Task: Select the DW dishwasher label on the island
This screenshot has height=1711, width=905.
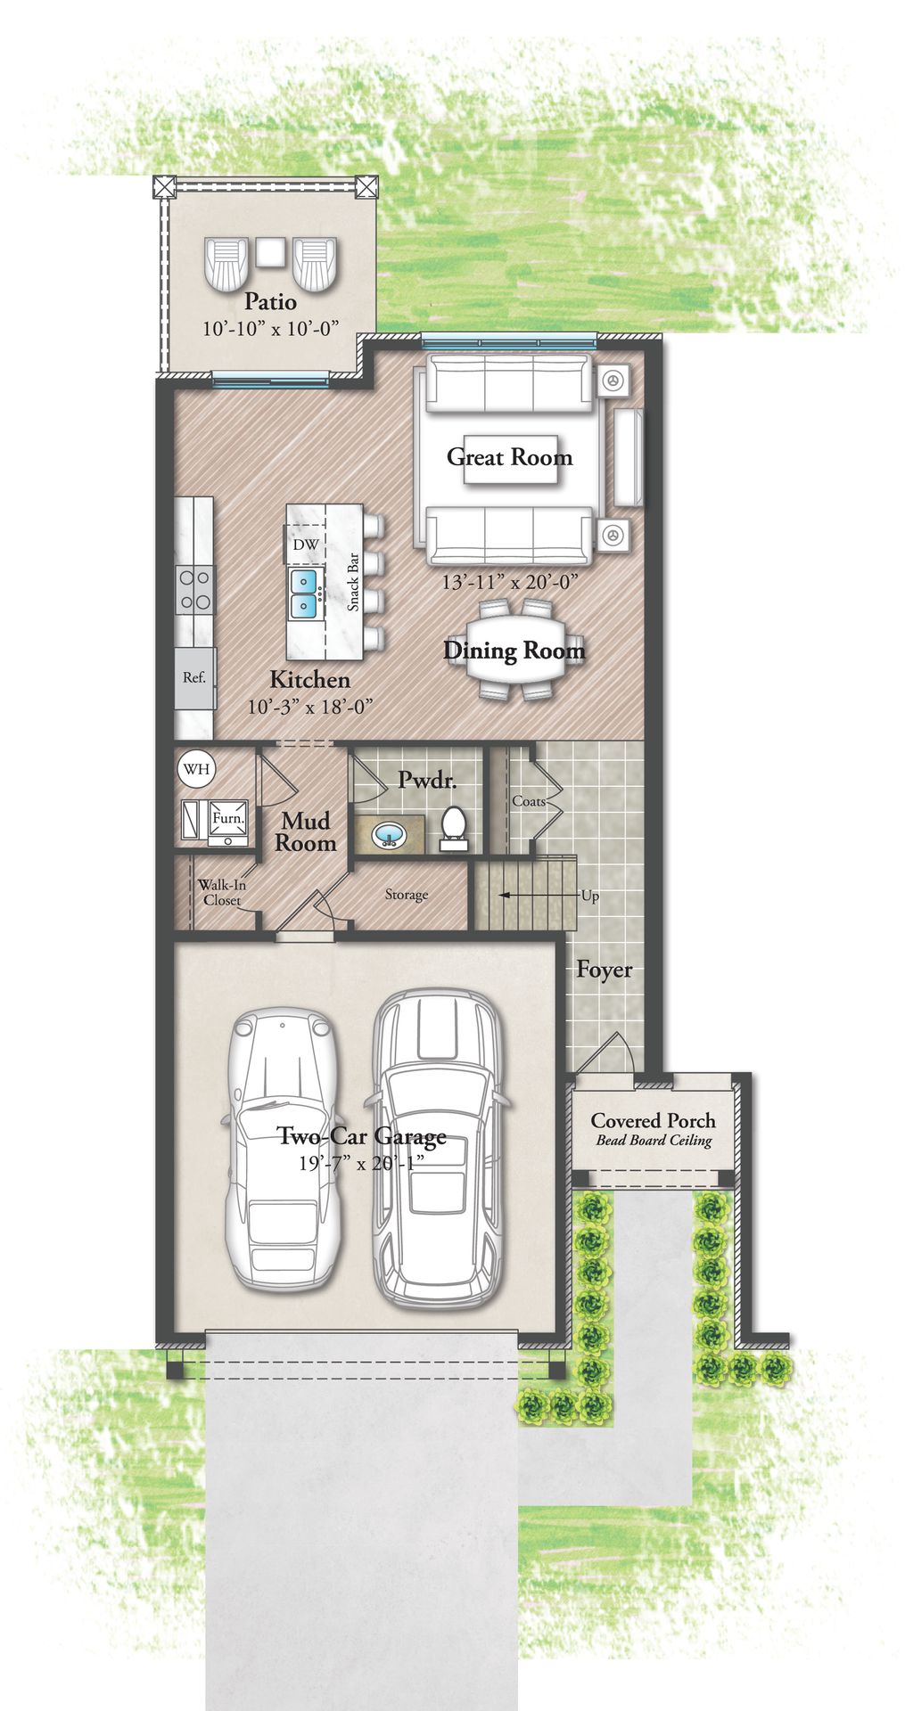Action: [305, 544]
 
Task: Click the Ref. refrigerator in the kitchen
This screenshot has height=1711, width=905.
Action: [194, 677]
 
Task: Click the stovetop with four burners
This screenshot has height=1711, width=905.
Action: [194, 589]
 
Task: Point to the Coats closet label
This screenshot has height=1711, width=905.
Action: [528, 801]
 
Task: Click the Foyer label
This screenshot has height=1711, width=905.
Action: [604, 970]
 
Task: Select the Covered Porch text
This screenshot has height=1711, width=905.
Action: [653, 1121]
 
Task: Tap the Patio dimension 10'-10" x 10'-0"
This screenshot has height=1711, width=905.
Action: [271, 329]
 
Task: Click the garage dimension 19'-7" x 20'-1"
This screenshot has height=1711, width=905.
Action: [360, 1163]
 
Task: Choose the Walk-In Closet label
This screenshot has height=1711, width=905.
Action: [221, 892]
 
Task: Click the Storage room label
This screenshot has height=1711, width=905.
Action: [406, 895]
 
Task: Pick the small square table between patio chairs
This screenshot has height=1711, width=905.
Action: [270, 252]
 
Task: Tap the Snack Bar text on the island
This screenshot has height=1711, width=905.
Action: [353, 582]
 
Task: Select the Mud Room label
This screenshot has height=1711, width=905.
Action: [305, 831]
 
